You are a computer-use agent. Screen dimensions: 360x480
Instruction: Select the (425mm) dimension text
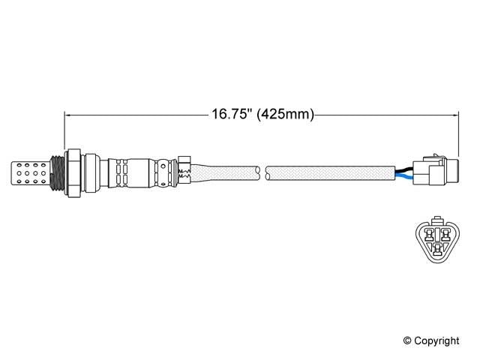(x=285, y=115)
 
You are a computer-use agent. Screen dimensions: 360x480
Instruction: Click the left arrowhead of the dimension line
(x=69, y=115)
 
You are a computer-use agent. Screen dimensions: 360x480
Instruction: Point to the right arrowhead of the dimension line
(x=455, y=115)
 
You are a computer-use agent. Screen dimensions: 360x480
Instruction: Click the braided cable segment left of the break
(x=225, y=172)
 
